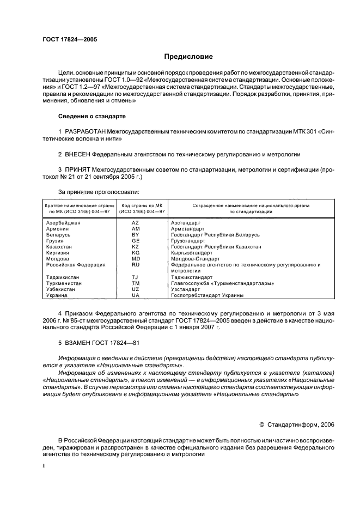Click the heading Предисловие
[x=188, y=56]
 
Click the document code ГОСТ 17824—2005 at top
[x=68, y=39]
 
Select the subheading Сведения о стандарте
[x=92, y=116]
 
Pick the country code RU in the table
[x=136, y=265]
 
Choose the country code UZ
[x=136, y=289]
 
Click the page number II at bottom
[x=45, y=466]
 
